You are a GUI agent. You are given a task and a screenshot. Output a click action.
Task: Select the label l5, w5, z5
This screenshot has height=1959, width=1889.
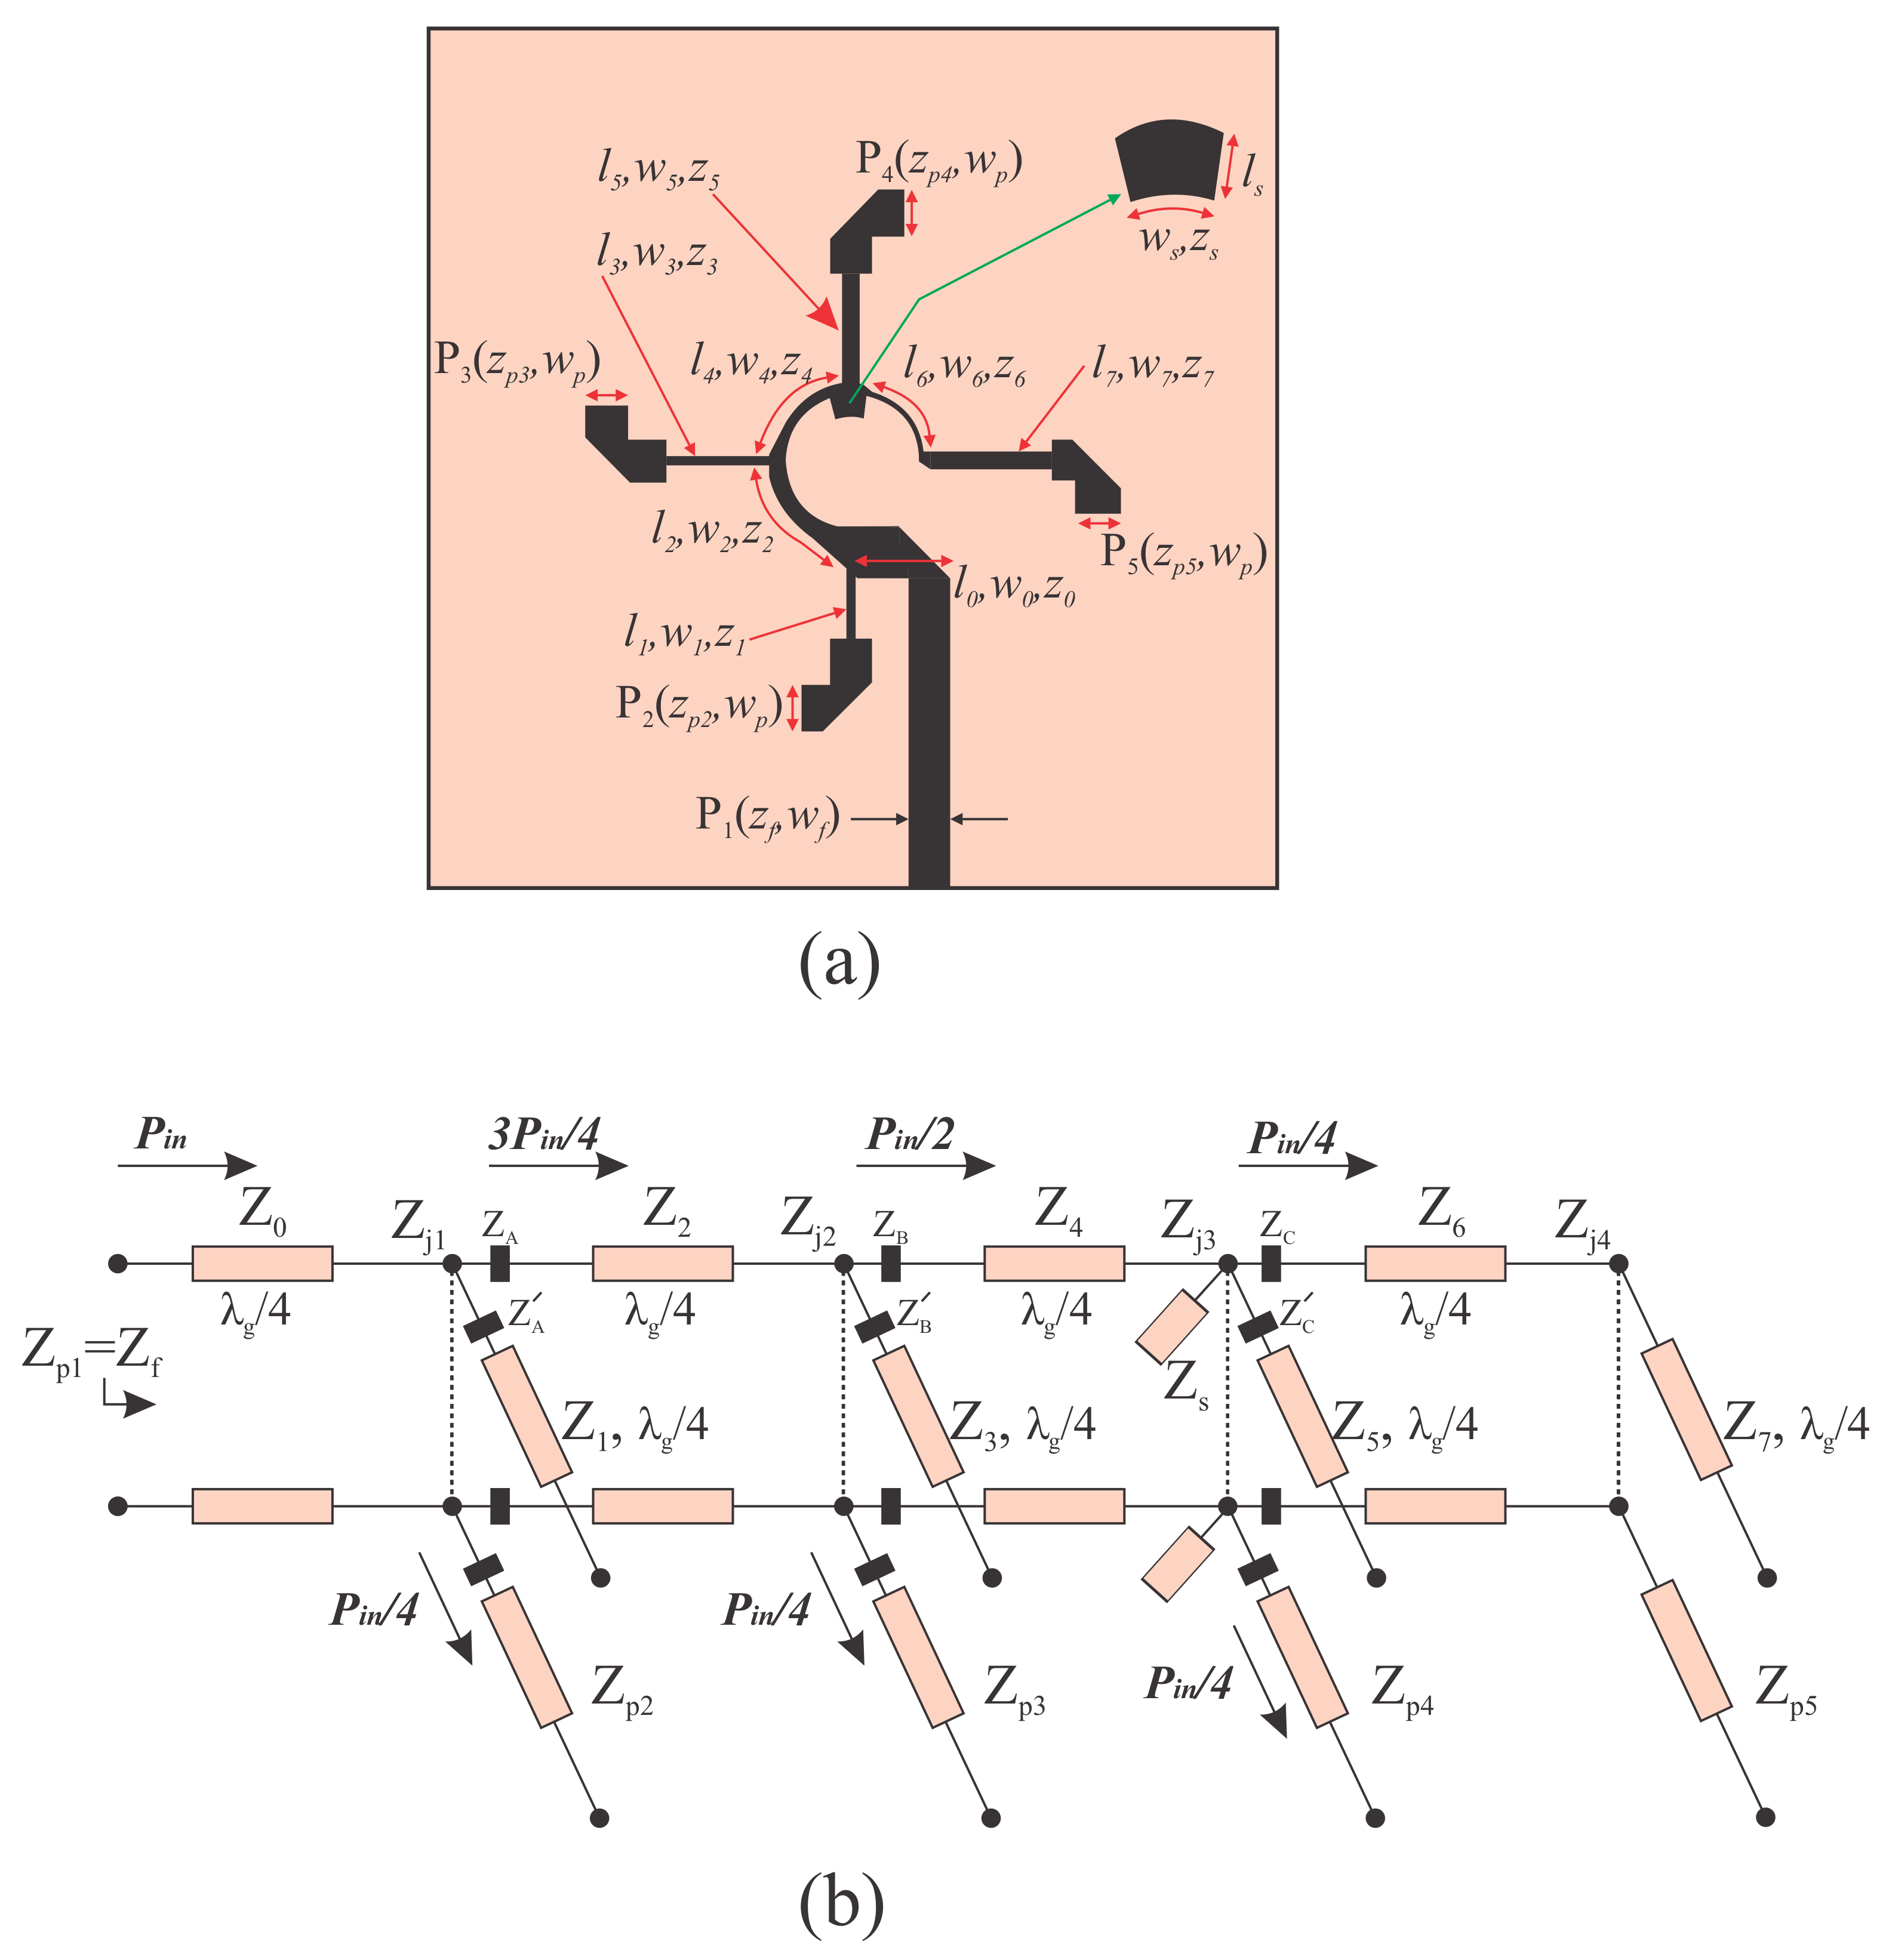[x=659, y=172]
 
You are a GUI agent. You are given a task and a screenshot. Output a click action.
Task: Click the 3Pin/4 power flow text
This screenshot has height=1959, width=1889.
[x=544, y=1135]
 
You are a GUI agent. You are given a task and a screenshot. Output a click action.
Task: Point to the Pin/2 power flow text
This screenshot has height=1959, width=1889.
[x=909, y=1135]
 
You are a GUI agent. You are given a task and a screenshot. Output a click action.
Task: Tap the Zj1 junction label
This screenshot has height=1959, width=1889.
[x=418, y=1221]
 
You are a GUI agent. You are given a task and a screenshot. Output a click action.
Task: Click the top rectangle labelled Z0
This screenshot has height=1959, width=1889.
[x=262, y=1264]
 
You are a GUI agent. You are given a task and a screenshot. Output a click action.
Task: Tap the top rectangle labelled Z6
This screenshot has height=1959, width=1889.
[x=1435, y=1264]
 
